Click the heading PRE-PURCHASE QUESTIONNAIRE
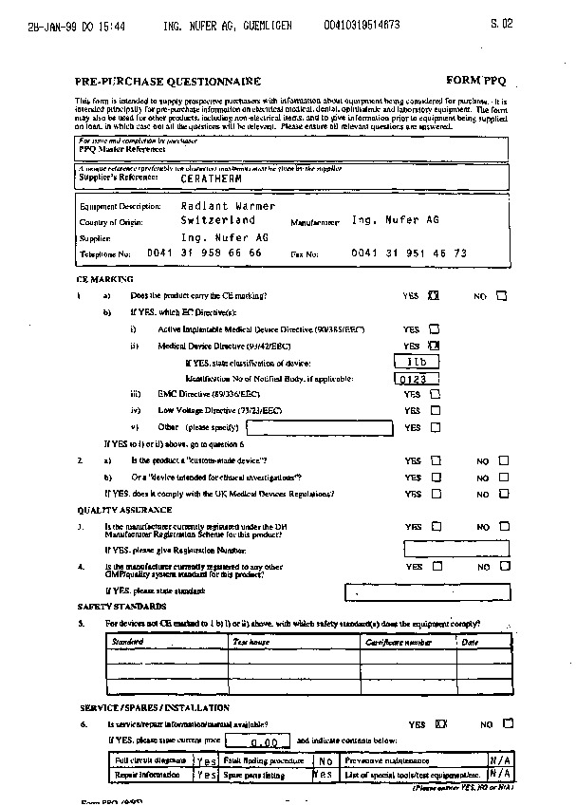click(x=168, y=82)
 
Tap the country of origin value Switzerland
click(x=218, y=219)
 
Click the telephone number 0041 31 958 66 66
click(x=204, y=253)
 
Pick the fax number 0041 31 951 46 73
click(x=408, y=253)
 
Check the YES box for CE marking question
click(x=434, y=296)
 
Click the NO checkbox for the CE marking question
click(x=502, y=296)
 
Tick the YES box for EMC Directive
click(x=435, y=394)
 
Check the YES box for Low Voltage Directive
click(x=435, y=410)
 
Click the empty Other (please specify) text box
click(x=319, y=427)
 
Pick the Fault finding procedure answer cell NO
click(x=325, y=760)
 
